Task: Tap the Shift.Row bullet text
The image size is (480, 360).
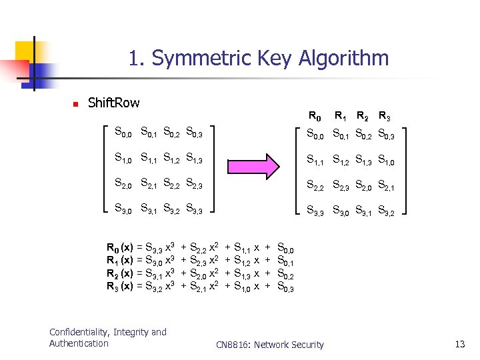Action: pos(114,103)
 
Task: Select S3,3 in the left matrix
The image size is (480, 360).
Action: pos(197,211)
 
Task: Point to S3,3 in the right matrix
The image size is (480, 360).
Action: pos(315,211)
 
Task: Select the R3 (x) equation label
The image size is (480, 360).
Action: pos(120,286)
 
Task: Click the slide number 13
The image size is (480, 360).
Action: pos(459,344)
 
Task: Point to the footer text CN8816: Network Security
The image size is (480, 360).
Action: pos(270,345)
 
